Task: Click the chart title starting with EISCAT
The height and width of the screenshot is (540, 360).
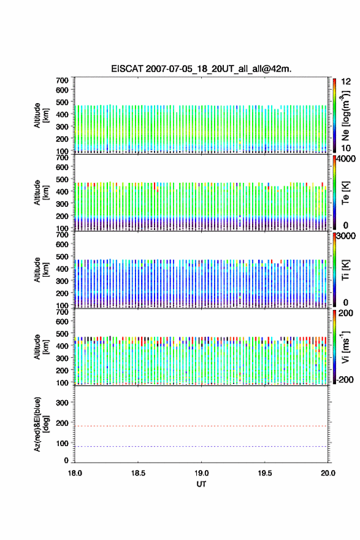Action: pyautogui.click(x=201, y=69)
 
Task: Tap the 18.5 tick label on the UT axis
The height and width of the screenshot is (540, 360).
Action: pyautogui.click(x=137, y=473)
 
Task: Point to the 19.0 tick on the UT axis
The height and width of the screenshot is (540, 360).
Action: pyautogui.click(x=201, y=473)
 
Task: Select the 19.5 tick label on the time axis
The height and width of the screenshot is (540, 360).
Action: pyautogui.click(x=265, y=473)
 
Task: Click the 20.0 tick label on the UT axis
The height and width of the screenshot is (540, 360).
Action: pyautogui.click(x=328, y=473)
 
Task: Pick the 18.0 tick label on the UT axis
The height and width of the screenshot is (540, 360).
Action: pyautogui.click(x=75, y=473)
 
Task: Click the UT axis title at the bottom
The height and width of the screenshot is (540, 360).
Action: pyautogui.click(x=201, y=484)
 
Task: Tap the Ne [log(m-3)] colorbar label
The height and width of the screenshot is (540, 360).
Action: pyautogui.click(x=346, y=116)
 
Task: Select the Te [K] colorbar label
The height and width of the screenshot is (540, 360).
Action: pyautogui.click(x=345, y=193)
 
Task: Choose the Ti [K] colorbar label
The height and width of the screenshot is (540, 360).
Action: pyautogui.click(x=345, y=270)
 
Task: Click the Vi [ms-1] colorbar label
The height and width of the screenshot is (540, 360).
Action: pyautogui.click(x=345, y=347)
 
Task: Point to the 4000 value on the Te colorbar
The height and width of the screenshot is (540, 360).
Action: pyautogui.click(x=347, y=159)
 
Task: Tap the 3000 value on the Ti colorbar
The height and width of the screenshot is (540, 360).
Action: pyautogui.click(x=347, y=236)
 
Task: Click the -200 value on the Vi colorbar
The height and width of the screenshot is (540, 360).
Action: pyautogui.click(x=345, y=379)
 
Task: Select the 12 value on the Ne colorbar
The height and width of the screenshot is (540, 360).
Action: pyautogui.click(x=347, y=82)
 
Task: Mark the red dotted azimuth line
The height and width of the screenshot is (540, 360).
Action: pyautogui.click(x=201, y=426)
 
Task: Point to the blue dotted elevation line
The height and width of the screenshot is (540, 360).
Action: pyautogui.click(x=201, y=446)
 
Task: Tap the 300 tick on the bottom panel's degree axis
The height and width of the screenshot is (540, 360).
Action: pyautogui.click(x=62, y=403)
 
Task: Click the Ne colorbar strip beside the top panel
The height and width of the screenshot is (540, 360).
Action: pyautogui.click(x=334, y=115)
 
